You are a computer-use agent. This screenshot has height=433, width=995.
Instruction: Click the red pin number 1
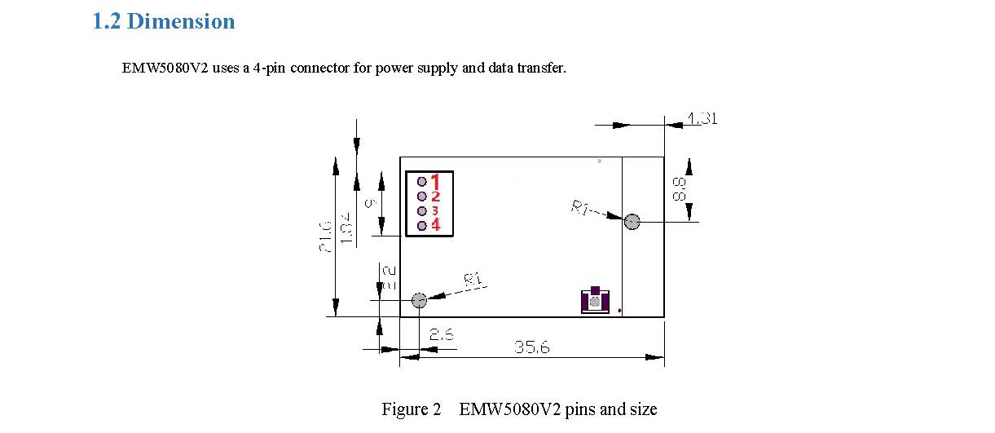coord(435,181)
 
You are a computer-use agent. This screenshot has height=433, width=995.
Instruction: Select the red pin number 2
coord(435,197)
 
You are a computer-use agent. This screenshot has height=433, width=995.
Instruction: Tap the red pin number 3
coord(435,210)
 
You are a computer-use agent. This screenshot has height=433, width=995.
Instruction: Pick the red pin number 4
coord(435,225)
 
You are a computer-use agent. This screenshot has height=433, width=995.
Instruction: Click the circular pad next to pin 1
coord(422,181)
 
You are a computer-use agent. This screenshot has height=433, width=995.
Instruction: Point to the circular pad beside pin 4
coord(422,225)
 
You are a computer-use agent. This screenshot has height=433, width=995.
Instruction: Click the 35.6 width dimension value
coord(531,347)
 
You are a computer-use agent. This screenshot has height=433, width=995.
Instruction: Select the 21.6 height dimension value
coord(325,236)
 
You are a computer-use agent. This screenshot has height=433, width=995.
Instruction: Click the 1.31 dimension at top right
coord(701,119)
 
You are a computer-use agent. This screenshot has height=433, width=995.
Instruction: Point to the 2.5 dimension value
coord(441,334)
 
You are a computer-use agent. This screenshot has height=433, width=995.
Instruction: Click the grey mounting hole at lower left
coord(419,300)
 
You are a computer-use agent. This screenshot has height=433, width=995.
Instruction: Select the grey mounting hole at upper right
coord(632,221)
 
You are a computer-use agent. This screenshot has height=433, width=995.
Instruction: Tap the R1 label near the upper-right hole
coord(580,209)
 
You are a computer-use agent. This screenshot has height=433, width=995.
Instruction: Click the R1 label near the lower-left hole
coord(473,281)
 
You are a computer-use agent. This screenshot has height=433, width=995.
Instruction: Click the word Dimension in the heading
coord(181,22)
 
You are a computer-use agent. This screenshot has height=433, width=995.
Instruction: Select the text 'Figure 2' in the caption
coord(411,409)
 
